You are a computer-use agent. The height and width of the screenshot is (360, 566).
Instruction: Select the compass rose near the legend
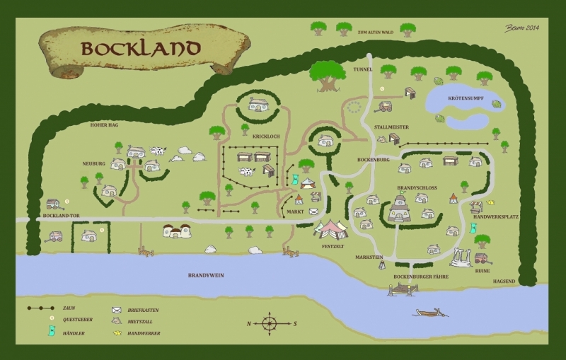pyautogui.click(x=270, y=324)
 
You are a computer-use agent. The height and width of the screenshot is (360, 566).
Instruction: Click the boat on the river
pyautogui.click(x=430, y=312)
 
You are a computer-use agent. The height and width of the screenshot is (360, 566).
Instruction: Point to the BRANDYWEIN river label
pyautogui.click(x=206, y=275)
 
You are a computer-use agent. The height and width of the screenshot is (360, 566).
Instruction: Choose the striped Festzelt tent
pyautogui.click(x=331, y=229)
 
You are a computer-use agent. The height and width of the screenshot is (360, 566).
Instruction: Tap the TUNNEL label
pyautogui.click(x=362, y=70)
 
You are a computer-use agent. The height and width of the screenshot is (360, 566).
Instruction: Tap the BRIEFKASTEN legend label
pyautogui.click(x=144, y=310)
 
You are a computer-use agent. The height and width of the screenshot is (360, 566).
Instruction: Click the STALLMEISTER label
pyautogui.click(x=391, y=127)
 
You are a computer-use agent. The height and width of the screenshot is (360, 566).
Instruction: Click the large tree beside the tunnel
pyautogui.click(x=327, y=75)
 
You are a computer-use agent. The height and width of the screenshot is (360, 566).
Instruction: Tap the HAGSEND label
pyautogui.click(x=504, y=281)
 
